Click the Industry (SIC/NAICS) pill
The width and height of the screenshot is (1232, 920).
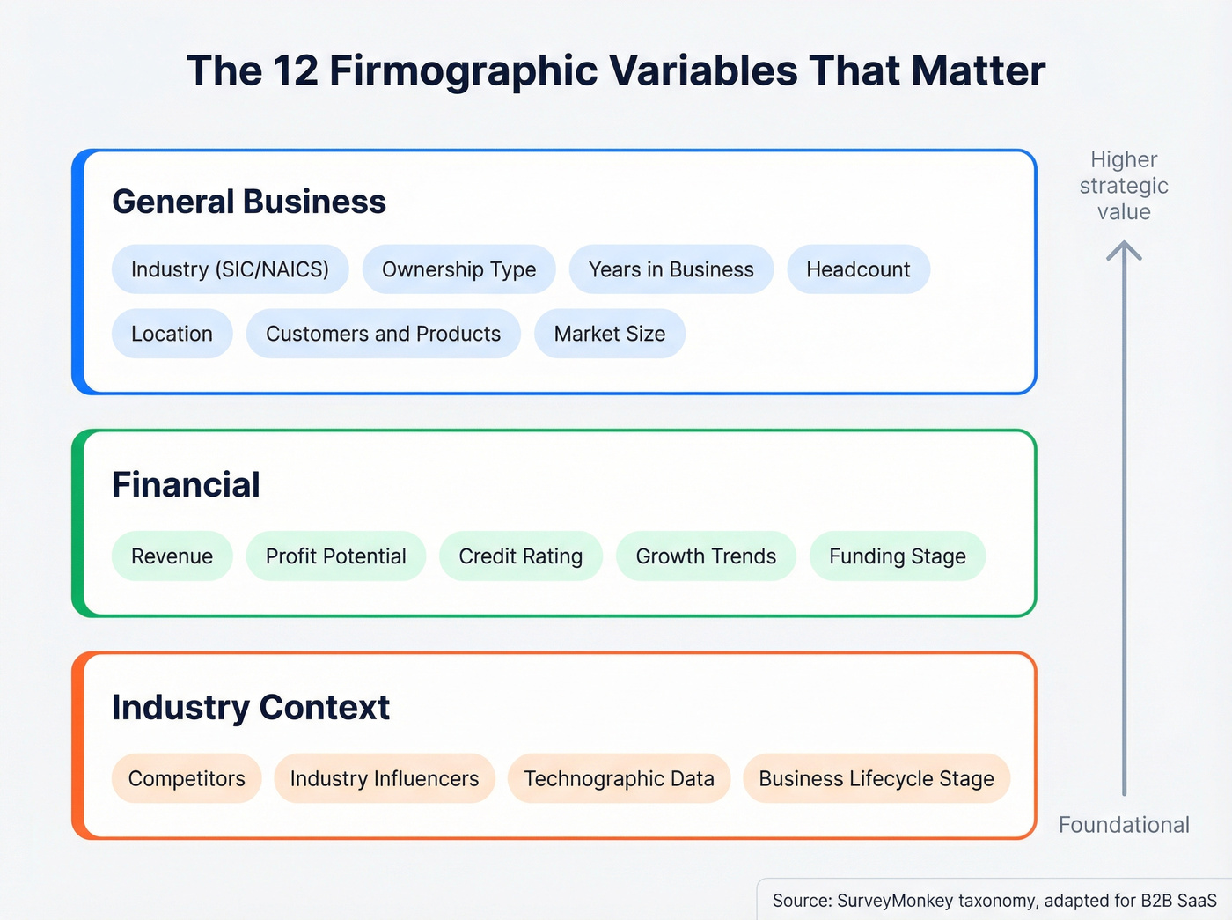[230, 269]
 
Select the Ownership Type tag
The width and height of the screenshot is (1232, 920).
[458, 269]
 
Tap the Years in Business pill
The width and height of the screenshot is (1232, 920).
[671, 269]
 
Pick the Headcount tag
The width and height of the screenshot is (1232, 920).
[858, 269]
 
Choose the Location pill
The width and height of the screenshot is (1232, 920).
[172, 334]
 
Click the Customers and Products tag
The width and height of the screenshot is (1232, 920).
[383, 334]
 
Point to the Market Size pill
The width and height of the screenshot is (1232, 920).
[609, 334]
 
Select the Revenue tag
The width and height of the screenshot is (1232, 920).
[172, 556]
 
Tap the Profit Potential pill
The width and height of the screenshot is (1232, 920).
[335, 556]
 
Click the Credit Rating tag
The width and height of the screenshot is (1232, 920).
[520, 556]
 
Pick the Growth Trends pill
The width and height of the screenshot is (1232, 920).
[706, 556]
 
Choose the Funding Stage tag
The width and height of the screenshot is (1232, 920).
[897, 556]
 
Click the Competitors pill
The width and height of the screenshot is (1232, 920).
[187, 778]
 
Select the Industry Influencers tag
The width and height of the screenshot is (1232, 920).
[385, 778]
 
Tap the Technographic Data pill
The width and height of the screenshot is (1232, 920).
[619, 778]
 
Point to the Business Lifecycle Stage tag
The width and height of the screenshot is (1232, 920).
[876, 778]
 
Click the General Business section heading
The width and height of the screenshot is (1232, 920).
[249, 202]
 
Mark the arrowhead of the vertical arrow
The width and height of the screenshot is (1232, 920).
[1124, 250]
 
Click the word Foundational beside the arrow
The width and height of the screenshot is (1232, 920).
[1124, 825]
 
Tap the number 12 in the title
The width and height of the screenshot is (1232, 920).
[295, 70]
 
